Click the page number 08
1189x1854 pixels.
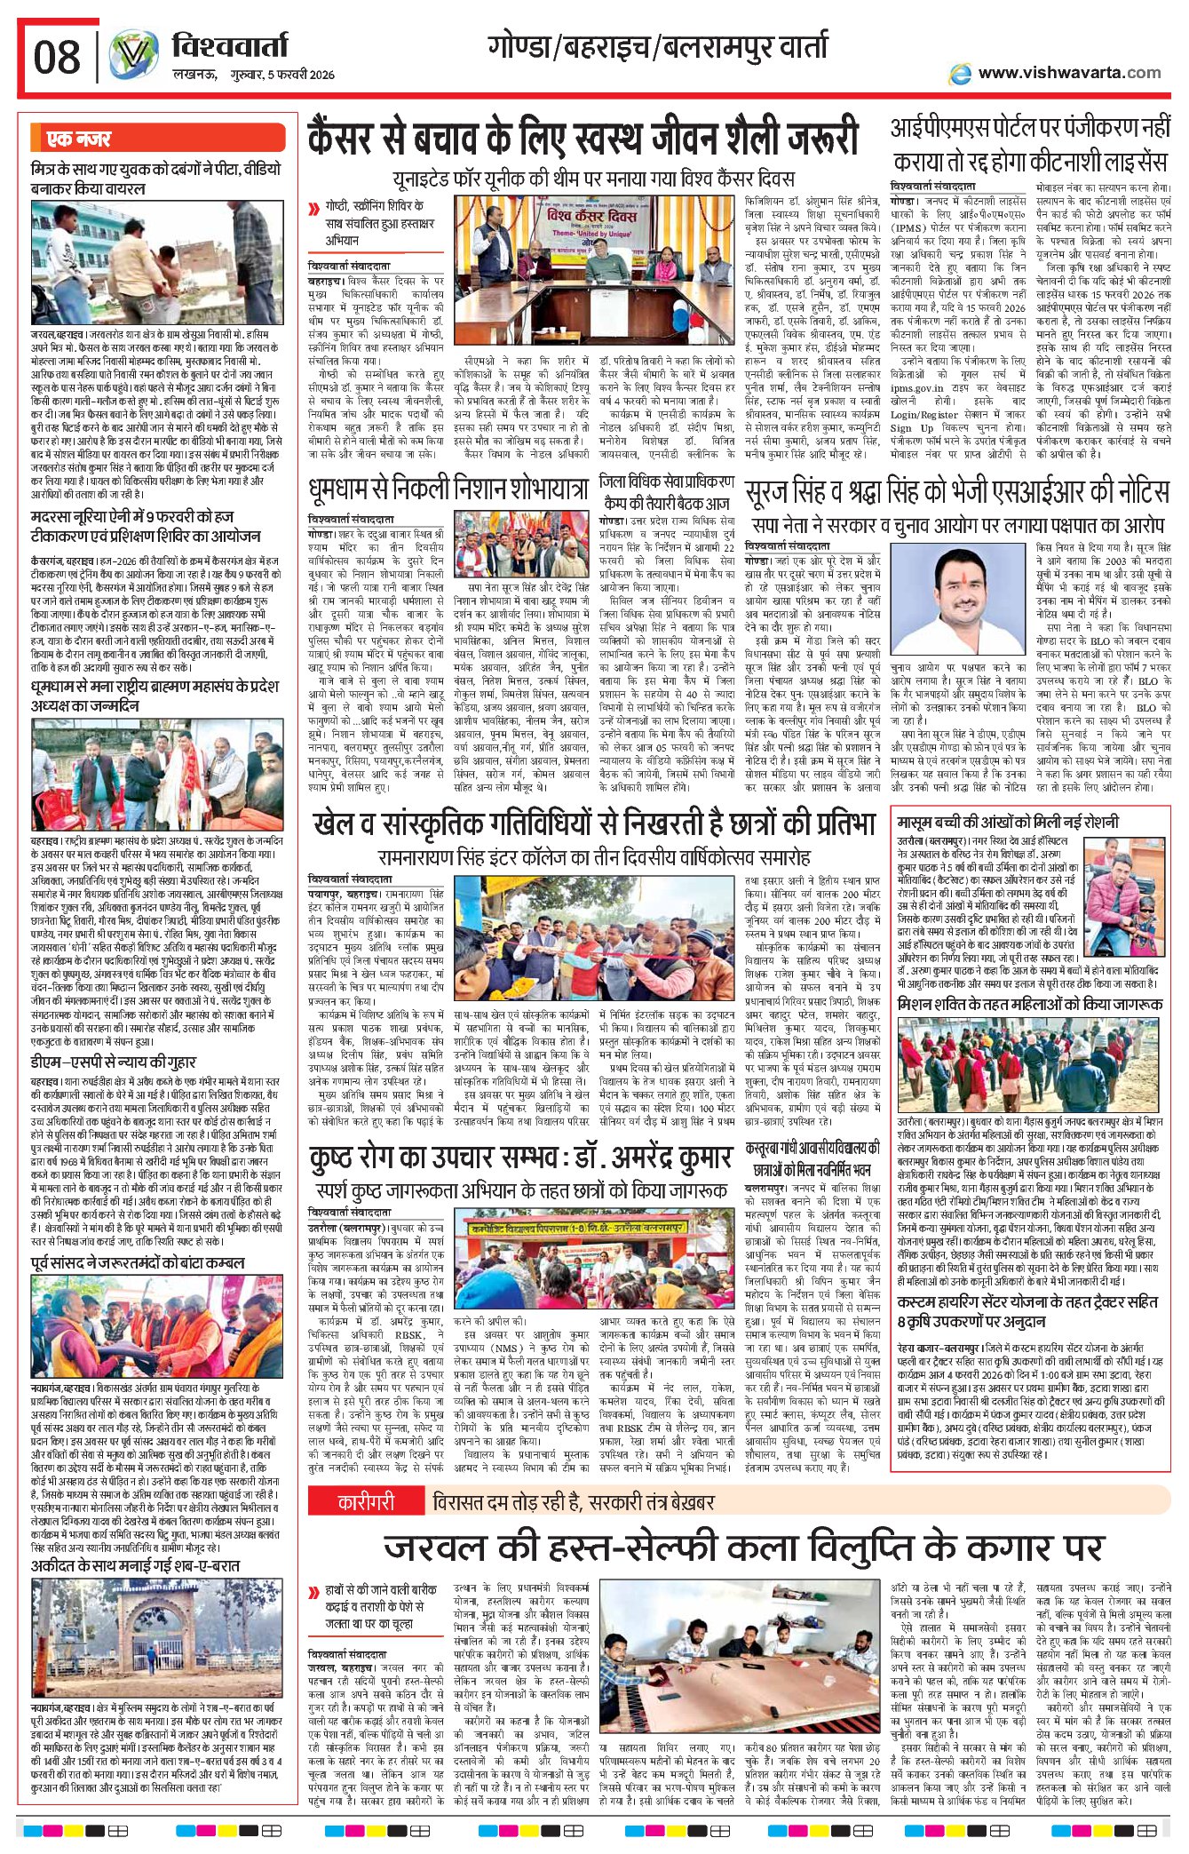pos(57,58)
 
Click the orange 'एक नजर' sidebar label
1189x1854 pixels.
pos(79,139)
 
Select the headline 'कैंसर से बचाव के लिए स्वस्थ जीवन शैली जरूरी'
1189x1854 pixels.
pos(583,140)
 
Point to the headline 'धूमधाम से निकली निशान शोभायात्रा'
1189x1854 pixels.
pos(448,488)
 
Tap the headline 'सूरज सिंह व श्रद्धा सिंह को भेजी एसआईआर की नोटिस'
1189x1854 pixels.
pos(956,491)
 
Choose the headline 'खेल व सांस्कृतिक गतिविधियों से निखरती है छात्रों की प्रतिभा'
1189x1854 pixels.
pos(595,824)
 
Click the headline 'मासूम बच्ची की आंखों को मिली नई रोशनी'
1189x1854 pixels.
pos(1007,822)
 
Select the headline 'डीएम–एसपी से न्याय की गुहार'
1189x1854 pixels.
pos(114,1062)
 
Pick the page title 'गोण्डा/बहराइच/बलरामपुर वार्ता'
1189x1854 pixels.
pos(657,47)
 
